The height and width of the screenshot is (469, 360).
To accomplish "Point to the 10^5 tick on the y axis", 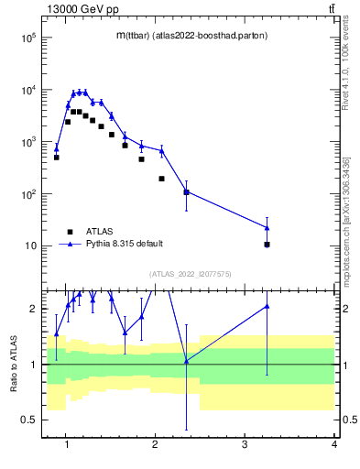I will pos(27,38).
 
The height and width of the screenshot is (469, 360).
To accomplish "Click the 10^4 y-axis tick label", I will pos(27,91).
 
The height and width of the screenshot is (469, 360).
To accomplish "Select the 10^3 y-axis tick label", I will pos(27,142).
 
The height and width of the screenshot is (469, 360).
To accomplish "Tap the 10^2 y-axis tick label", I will pos(27,194).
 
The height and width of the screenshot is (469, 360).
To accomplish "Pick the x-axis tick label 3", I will pos(245,446).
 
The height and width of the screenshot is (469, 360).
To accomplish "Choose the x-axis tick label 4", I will pos(333,446).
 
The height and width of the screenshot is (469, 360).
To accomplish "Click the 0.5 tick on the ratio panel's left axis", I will pos(27,420).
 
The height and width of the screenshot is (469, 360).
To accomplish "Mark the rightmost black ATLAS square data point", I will pos(267,245).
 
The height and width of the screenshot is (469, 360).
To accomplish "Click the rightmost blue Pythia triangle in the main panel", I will pos(267,227).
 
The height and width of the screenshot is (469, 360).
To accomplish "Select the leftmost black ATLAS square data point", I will pos(56,158).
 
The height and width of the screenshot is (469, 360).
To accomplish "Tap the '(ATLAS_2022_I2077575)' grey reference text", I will pos(191,273).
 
